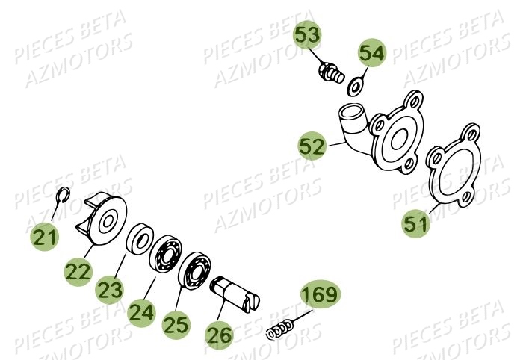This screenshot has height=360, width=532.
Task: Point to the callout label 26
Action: coord(218,336)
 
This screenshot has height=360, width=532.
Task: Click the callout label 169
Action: coord(320,296)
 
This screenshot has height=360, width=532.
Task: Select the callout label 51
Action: coord(416,223)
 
